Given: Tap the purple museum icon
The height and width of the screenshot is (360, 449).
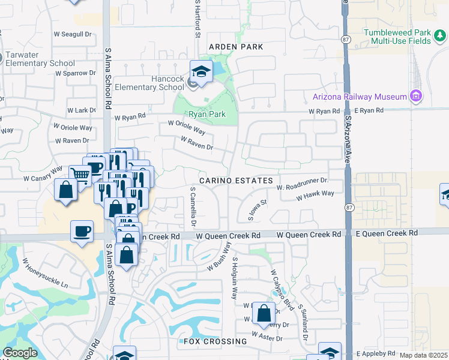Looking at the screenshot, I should [x=415, y=96].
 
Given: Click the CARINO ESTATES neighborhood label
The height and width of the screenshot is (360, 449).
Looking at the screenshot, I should [x=237, y=181].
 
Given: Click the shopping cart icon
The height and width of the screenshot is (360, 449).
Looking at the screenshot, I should [x=80, y=175].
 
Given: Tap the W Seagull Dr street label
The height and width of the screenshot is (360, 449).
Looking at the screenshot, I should [x=73, y=34].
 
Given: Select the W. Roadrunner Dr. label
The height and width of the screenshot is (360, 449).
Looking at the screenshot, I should [x=303, y=184].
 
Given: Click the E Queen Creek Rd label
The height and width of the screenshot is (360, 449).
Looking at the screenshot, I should [x=386, y=233].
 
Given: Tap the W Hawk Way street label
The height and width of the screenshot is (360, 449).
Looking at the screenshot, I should [x=315, y=195].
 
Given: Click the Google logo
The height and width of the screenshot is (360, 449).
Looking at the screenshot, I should [x=20, y=353].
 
